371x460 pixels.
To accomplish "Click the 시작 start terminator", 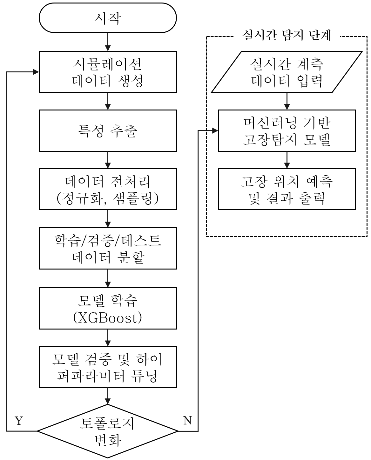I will (x=108, y=18).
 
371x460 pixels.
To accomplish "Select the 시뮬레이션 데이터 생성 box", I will (x=108, y=72).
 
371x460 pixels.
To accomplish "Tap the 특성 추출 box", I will (x=108, y=130).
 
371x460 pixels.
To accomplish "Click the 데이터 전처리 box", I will (x=108, y=189).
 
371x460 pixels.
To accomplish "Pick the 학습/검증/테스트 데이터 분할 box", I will (x=108, y=248).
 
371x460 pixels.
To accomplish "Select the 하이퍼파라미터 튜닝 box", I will (x=108, y=367).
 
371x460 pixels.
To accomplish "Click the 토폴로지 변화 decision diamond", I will (x=108, y=431).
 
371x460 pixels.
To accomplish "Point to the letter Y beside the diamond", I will (x=19, y=421).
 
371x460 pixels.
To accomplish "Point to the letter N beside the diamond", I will (x=188, y=420).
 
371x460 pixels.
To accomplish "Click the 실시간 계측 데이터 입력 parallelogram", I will (x=287, y=72).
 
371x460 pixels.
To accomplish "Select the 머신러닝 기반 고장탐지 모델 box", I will (x=287, y=130).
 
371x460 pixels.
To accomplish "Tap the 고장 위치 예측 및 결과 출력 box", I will (x=287, y=189).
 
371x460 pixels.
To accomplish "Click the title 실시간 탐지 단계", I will (x=287, y=36).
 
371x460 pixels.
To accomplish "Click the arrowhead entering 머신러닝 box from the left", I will (x=215, y=130).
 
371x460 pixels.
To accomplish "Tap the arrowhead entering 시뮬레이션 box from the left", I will (x=36, y=72).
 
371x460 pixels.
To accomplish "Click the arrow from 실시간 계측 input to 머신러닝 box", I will (x=287, y=101).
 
